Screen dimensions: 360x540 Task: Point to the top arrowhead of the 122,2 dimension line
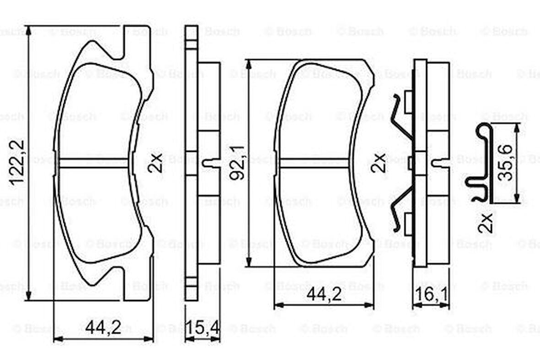point(29,30)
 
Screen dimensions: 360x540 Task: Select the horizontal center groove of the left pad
point(94,163)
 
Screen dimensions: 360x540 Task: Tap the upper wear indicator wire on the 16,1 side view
point(400,117)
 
